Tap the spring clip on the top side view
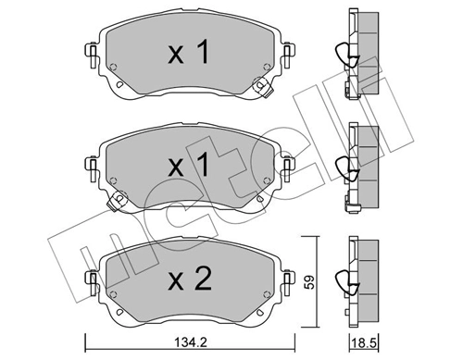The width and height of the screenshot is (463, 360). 342,57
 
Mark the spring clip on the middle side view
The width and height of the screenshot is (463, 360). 342,168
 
